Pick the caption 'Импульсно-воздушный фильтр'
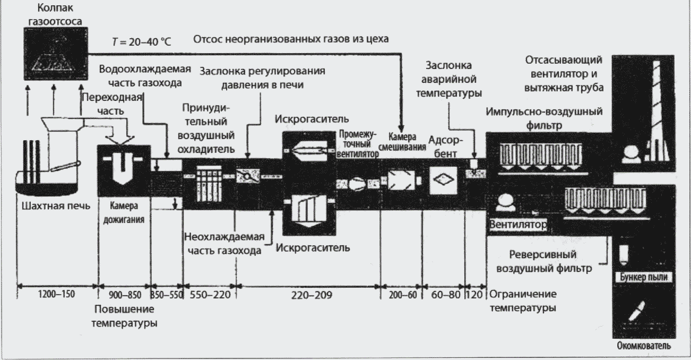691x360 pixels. pyautogui.click(x=544, y=117)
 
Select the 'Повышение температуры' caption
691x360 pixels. pyautogui.click(x=124, y=316)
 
